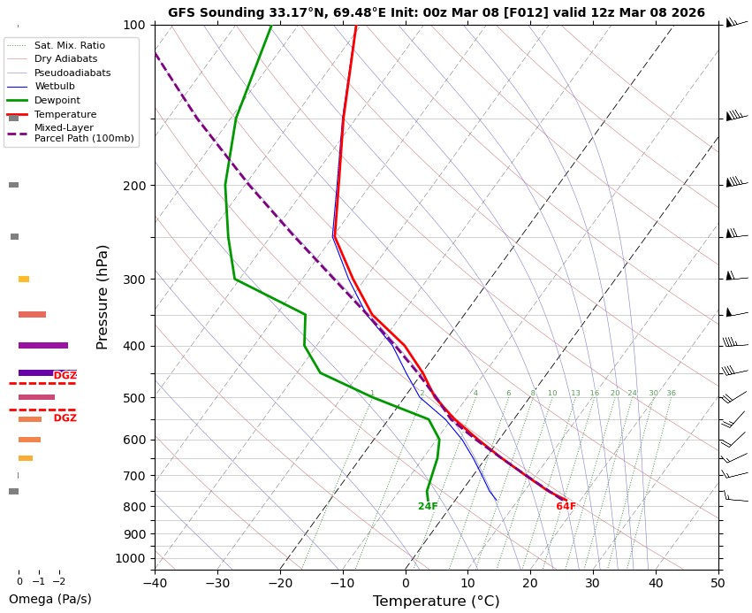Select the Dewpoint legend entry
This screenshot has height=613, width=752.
[x=52, y=100]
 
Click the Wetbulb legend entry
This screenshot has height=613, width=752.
[x=55, y=86]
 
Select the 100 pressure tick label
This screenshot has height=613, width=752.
[x=133, y=25]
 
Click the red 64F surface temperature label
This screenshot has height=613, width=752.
[x=566, y=507]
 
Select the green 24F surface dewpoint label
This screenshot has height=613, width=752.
[x=428, y=507]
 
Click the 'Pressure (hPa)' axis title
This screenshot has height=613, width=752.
[x=103, y=296]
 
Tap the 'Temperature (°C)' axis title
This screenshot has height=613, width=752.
[x=436, y=602]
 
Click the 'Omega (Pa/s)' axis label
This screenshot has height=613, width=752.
[x=49, y=599]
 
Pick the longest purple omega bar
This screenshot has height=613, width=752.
[x=42, y=345]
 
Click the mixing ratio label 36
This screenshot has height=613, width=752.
[x=671, y=394]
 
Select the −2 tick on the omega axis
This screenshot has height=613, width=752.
[x=59, y=581]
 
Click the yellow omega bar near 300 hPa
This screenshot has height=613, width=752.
[x=24, y=280]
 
